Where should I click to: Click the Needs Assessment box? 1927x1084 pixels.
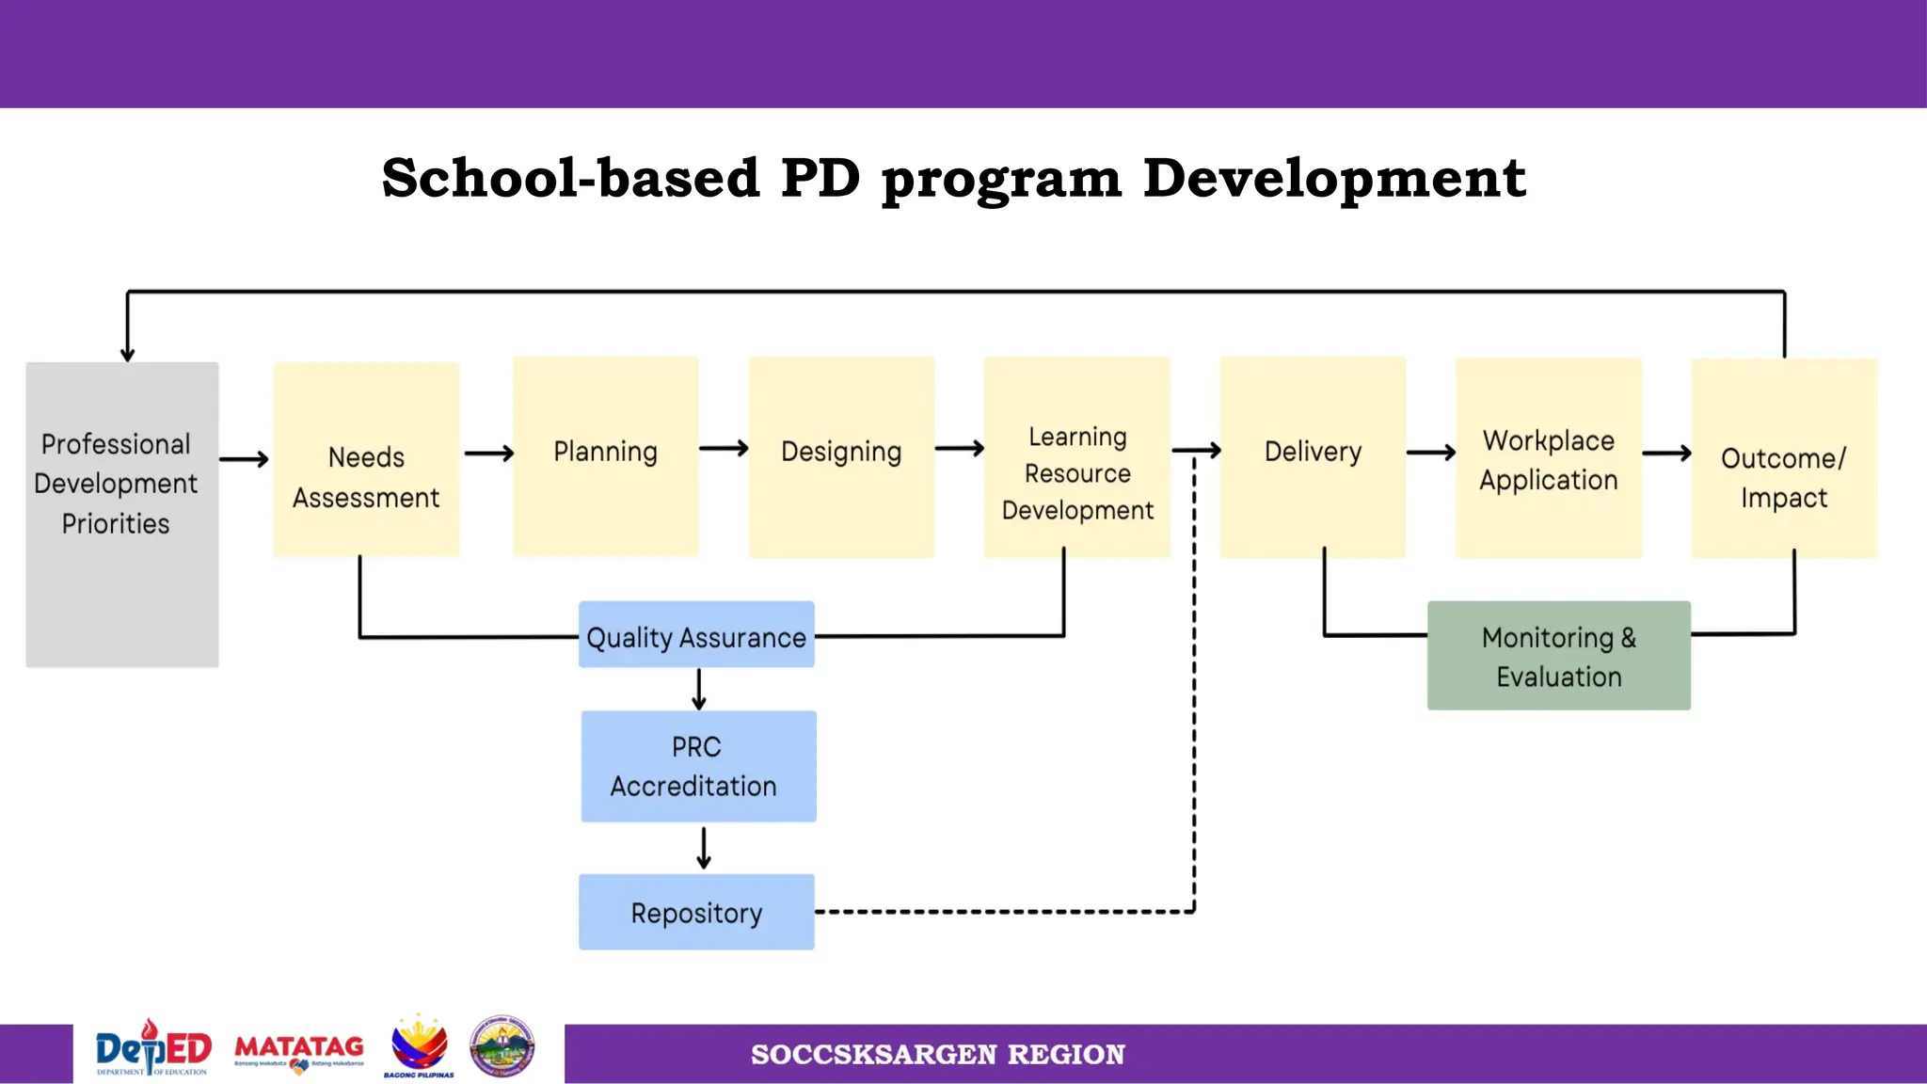(x=366, y=459)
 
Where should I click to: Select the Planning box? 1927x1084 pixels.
(x=605, y=456)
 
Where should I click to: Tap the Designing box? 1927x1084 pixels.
(x=841, y=456)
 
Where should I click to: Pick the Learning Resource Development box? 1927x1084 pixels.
(x=1076, y=457)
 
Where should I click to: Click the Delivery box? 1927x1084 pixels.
(x=1313, y=456)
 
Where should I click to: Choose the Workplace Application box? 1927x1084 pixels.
(x=1548, y=458)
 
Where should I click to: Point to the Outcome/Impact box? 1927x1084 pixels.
(x=1783, y=458)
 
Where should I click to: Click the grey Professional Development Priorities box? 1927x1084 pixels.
(x=121, y=514)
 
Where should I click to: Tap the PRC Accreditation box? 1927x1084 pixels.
(x=698, y=766)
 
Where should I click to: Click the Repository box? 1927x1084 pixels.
(x=696, y=912)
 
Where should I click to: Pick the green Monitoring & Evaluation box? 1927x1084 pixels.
(x=1558, y=655)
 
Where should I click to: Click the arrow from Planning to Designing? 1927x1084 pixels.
(x=724, y=449)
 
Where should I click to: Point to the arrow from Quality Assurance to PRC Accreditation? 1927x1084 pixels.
(x=698, y=689)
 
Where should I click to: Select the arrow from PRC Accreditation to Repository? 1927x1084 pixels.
(x=704, y=848)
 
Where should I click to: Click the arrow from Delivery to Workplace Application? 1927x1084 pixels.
(x=1430, y=453)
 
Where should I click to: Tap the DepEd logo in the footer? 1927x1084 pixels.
(x=153, y=1048)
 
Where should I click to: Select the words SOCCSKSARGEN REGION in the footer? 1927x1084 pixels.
(x=937, y=1054)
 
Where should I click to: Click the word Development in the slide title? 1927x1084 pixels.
(x=1333, y=178)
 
